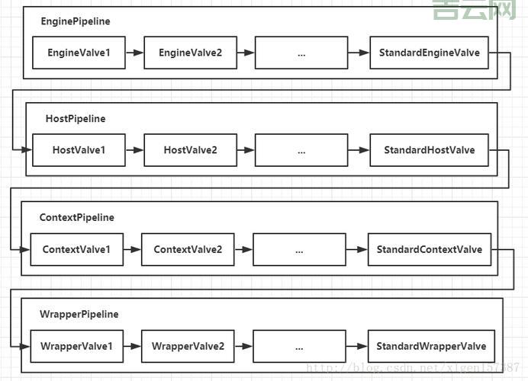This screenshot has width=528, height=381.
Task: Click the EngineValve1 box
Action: pyautogui.click(x=79, y=53)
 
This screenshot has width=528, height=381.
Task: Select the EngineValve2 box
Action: pyautogui.click(x=190, y=53)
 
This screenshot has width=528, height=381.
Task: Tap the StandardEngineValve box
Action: pyautogui.click(x=429, y=53)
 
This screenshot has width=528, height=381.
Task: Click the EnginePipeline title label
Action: pyautogui.click(x=76, y=21)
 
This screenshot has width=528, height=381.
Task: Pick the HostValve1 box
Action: pyautogui.click(x=79, y=150)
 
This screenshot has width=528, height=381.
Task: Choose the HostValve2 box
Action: pyautogui.click(x=190, y=150)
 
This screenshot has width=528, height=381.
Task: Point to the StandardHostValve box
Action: pyautogui.click(x=429, y=150)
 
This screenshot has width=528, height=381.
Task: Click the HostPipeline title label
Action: pyautogui.click(x=76, y=119)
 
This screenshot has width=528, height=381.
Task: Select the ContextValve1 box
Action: pyautogui.click(x=76, y=250)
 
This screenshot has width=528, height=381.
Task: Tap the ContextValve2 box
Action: pyautogui.click(x=188, y=250)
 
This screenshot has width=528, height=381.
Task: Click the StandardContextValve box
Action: pyautogui.click(x=430, y=250)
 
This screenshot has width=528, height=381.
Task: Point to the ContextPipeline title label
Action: pyautogui.click(x=76, y=218)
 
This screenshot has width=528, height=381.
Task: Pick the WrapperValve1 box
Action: pyautogui.click(x=76, y=347)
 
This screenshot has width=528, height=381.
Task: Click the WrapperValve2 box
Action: pyautogui.click(x=188, y=347)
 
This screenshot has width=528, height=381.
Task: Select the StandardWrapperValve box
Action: pyautogui.click(x=431, y=347)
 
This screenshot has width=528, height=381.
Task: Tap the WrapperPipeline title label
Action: pyautogui.click(x=79, y=315)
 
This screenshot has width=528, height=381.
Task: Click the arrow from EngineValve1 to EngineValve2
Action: pyautogui.click(x=134, y=53)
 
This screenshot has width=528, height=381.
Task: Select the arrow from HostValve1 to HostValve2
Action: pyautogui.click(x=134, y=150)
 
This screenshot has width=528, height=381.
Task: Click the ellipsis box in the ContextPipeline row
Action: pyautogui.click(x=299, y=250)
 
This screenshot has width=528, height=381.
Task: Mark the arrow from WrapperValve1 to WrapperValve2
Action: pyautogui.click(x=132, y=347)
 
